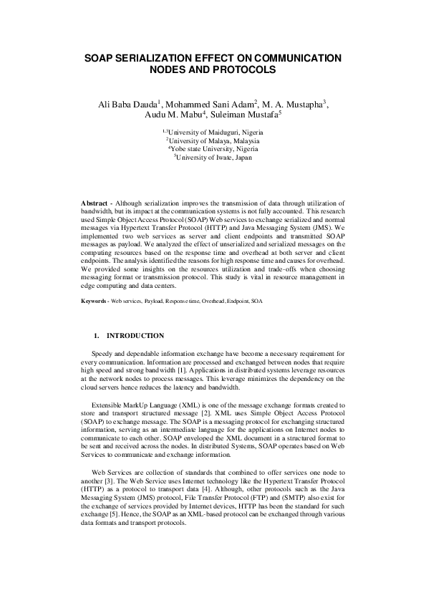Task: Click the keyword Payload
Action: coord(153,301)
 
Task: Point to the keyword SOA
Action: coord(256,301)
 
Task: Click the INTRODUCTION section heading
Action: coord(135,336)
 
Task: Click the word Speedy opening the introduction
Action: coord(103,354)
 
